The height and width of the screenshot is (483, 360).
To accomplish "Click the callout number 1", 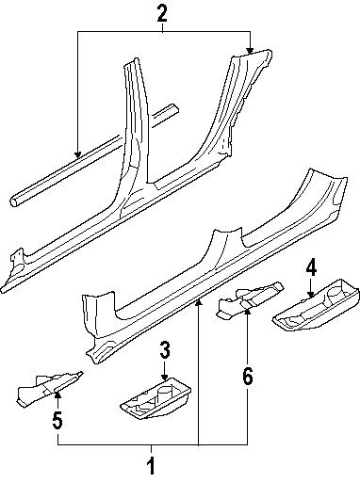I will pos(151,464).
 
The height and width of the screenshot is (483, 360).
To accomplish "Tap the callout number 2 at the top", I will pos(162,13).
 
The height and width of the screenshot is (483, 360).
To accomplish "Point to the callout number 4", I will pos(311,272).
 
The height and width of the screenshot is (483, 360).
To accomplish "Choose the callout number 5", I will pos(58,421).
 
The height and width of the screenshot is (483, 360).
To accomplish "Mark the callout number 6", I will pos(247,376).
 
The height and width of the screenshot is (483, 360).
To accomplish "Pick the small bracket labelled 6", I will pos(243,302).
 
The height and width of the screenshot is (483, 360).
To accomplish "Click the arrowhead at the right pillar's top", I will pos(249,53).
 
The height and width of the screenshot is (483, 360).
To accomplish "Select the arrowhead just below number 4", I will pos(311,294).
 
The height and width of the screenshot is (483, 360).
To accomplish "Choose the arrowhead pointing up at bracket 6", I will pos(247,312).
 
